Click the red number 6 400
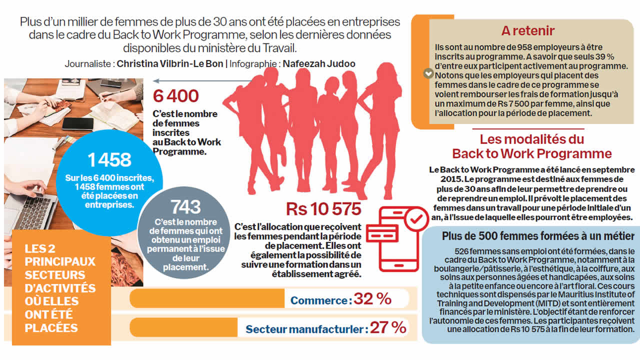pos(176,96)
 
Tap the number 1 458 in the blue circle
pos(109,159)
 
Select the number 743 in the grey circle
pos(185,207)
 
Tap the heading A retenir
pos(527,30)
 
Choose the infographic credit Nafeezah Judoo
pos(319,64)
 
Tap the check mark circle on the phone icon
pos(415,219)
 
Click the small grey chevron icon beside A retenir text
pos(427,73)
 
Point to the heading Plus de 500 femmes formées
pos(538,236)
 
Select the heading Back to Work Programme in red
pos(531,153)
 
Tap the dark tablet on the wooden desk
pos(77,123)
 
